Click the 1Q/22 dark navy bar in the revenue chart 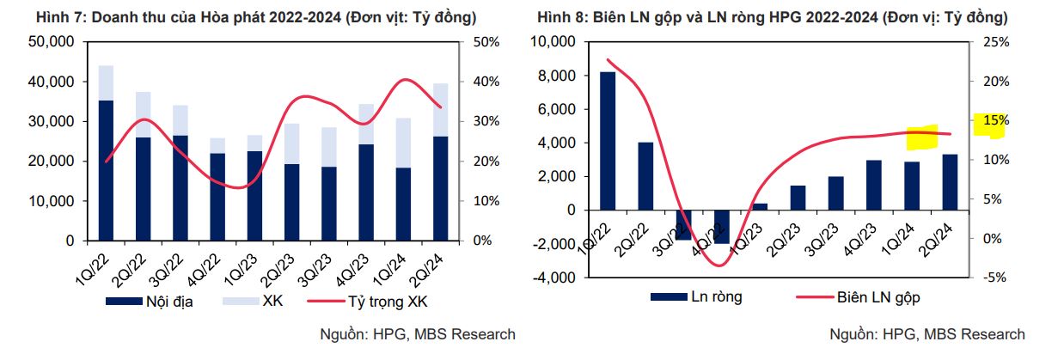tap(106, 170)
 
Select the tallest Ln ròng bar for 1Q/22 tap(608, 140)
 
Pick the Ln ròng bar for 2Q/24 tap(949, 181)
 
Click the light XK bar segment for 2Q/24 tap(440, 110)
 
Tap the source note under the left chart tap(417, 334)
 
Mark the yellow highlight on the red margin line tap(922, 136)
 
